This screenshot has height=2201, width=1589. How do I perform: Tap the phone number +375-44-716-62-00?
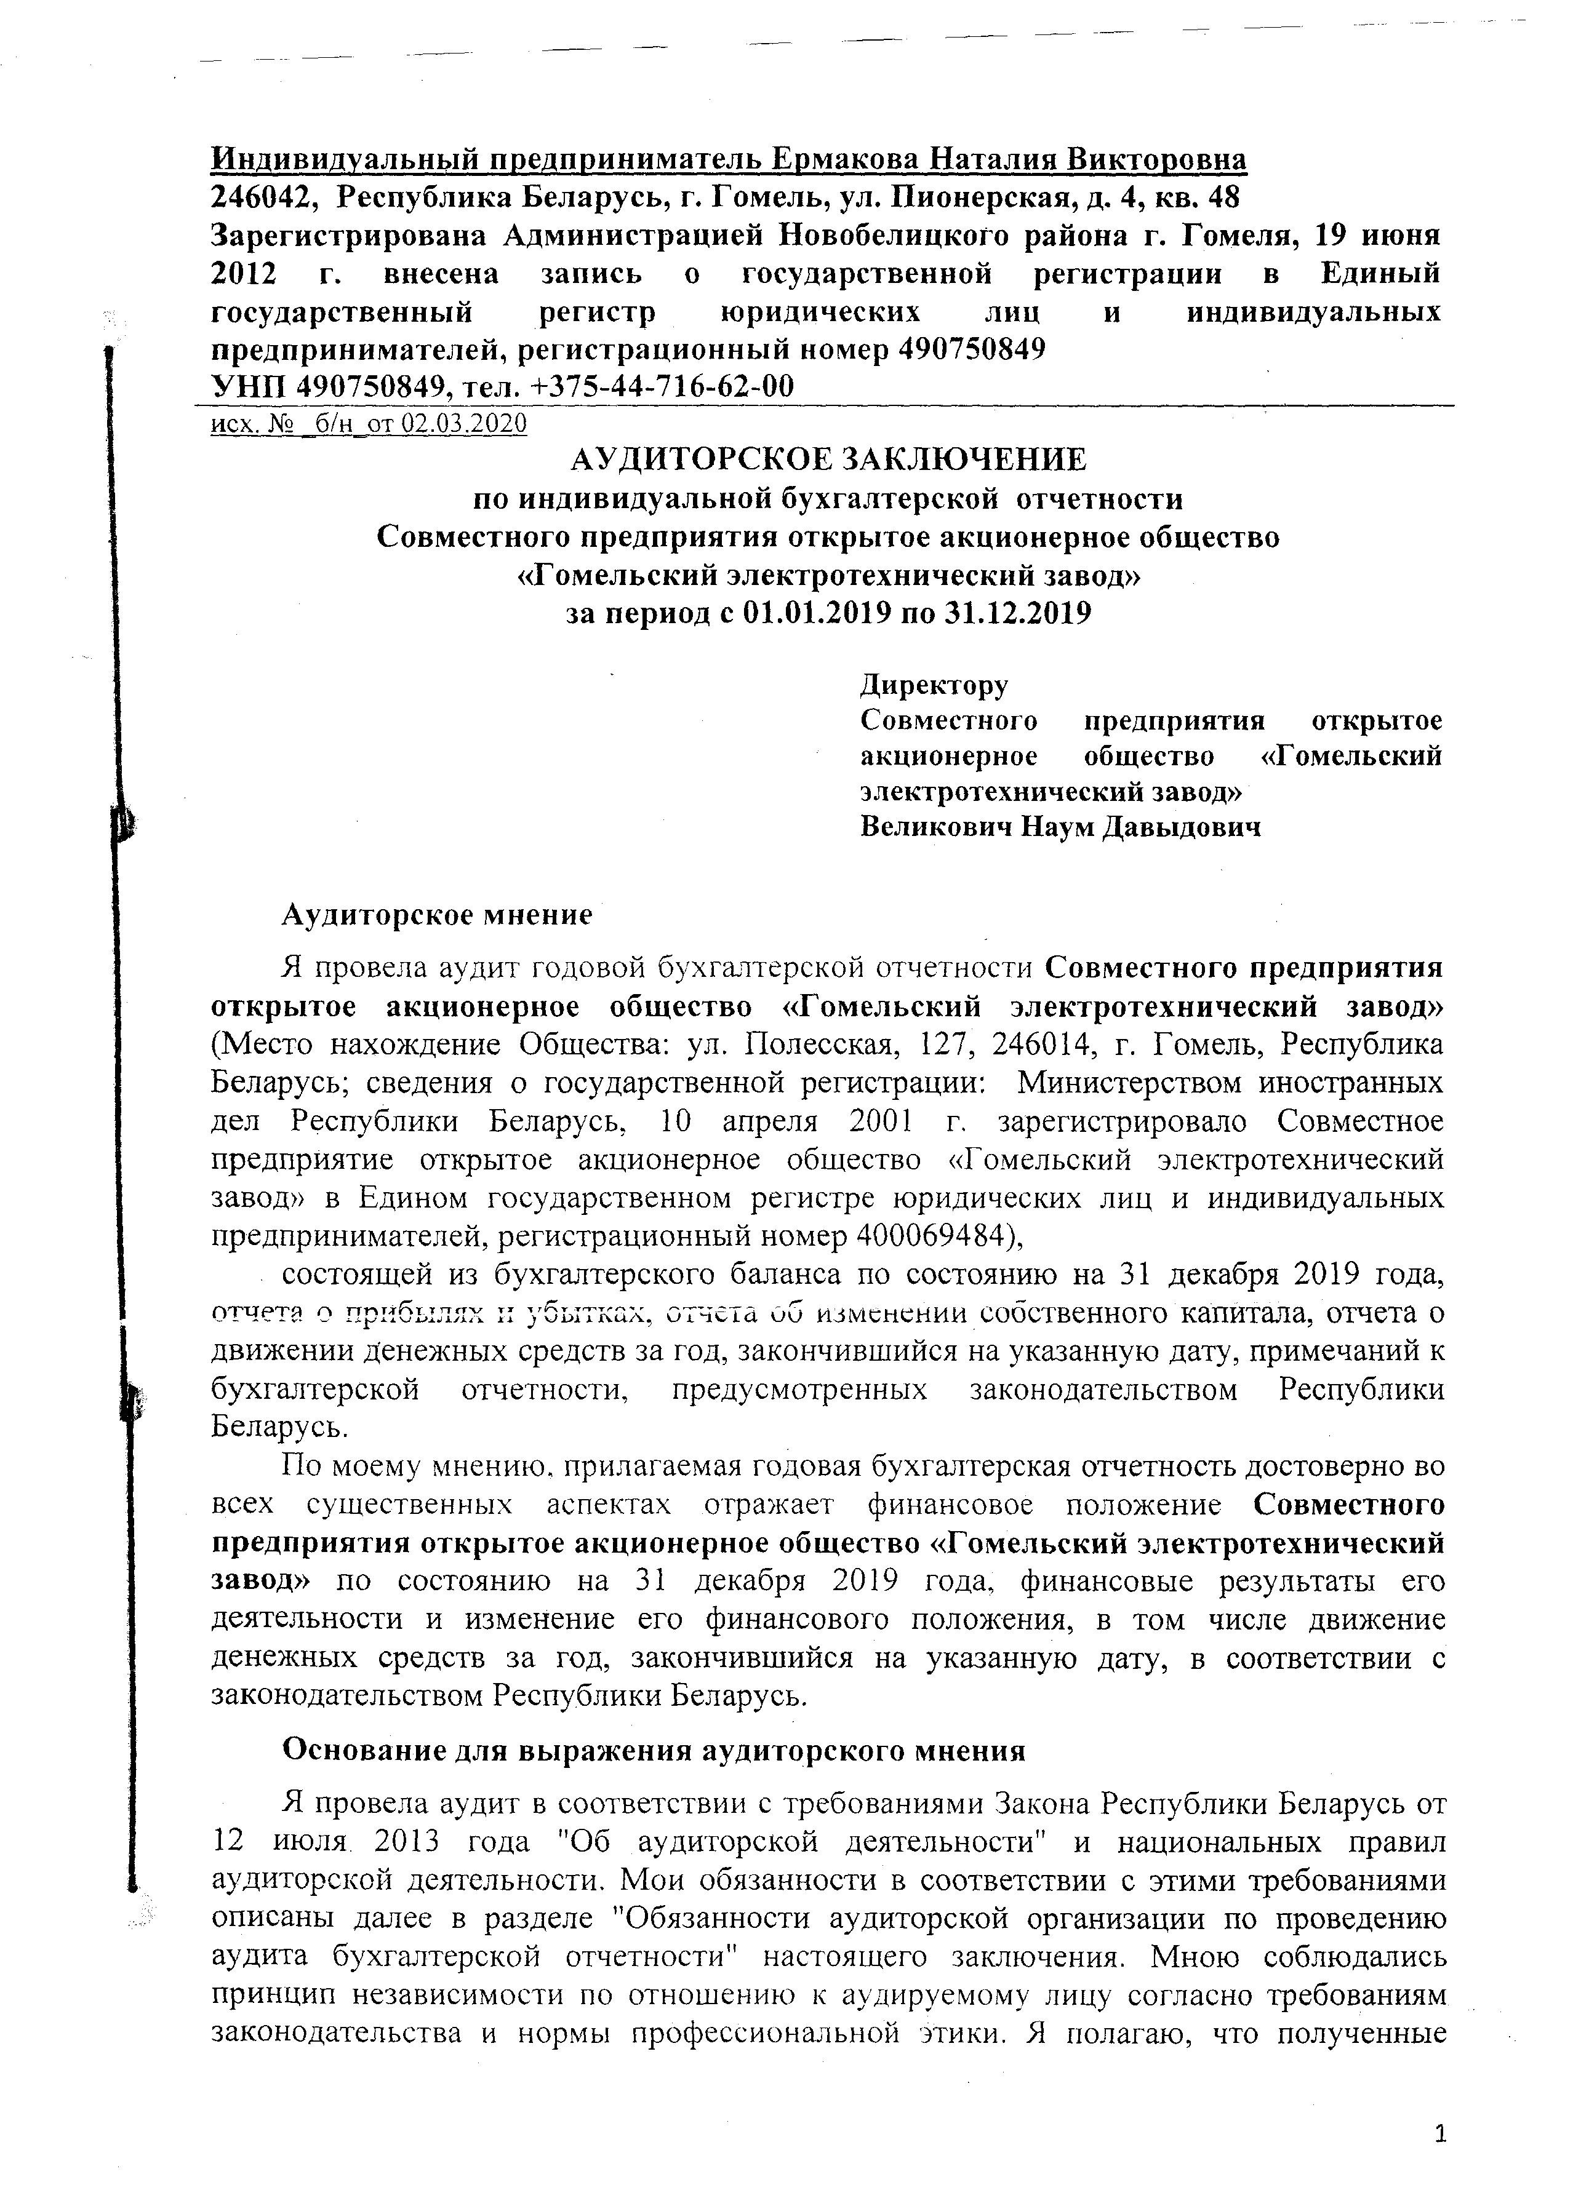tap(663, 386)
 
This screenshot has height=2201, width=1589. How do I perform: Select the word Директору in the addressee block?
tap(934, 685)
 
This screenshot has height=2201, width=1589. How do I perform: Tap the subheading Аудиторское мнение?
tap(437, 915)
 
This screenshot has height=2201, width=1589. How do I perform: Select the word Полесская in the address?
tap(819, 1045)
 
